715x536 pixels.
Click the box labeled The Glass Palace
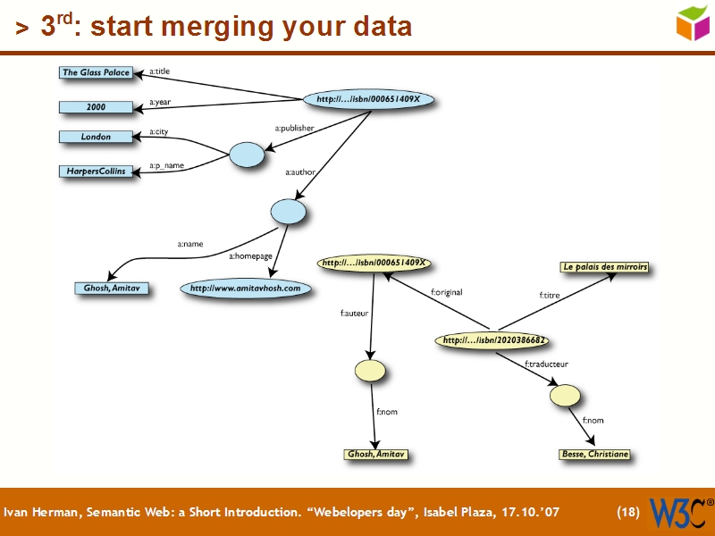pos(96,72)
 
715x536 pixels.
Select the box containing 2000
pos(96,107)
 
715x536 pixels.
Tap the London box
pos(96,137)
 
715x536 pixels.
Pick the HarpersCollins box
pos(96,171)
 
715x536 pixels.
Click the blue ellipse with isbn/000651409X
pos(374,99)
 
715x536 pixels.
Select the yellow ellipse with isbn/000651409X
pos(374,264)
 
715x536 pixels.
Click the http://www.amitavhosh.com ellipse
pos(246,289)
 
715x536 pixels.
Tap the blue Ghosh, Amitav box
pos(111,289)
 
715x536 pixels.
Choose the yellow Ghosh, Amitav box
pos(375,455)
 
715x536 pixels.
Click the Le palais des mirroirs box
pos(604,267)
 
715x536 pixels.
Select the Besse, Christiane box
pos(594,455)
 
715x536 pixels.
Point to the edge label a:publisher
pos(294,129)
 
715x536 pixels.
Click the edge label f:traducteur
pos(546,364)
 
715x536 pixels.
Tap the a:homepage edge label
pos(250,256)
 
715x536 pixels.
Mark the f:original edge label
pos(446,292)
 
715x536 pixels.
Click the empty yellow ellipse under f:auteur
pos(369,370)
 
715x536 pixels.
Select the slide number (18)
pos(628,513)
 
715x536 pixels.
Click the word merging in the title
pos(231,27)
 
